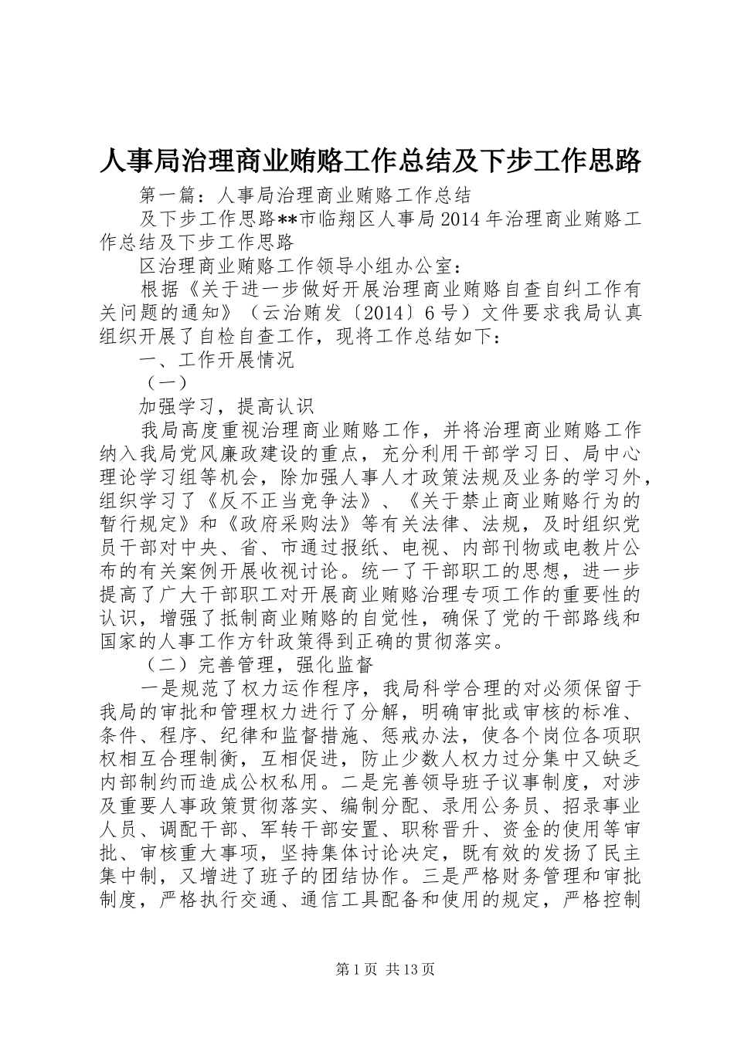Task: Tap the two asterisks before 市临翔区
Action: [287, 219]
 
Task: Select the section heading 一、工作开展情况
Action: [216, 361]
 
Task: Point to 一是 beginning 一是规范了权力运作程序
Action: [158, 687]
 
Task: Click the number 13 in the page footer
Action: [416, 970]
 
